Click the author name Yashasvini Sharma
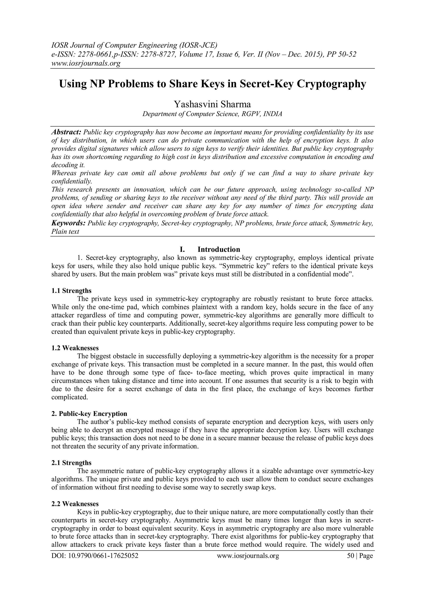point(212,104)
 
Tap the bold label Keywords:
point(68,223)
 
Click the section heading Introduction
point(219,249)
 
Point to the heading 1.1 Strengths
point(71,291)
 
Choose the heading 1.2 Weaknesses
point(75,348)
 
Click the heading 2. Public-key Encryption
point(89,414)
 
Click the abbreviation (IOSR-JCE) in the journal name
point(198,45)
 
